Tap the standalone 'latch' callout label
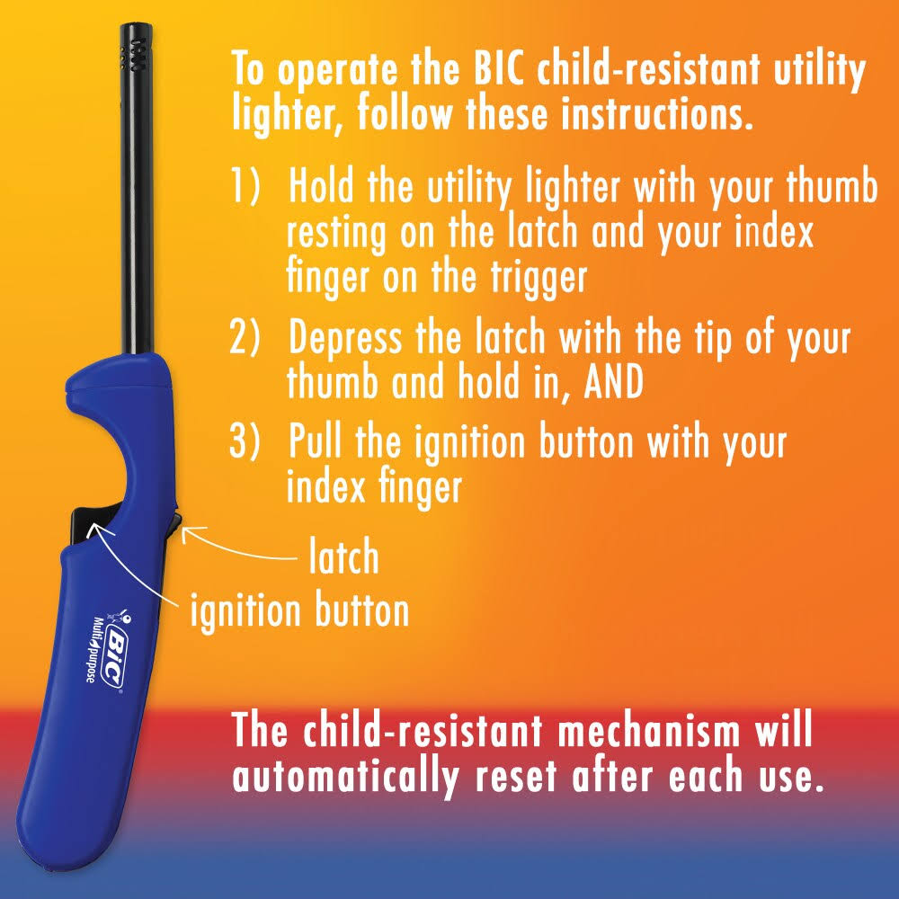pos(343,556)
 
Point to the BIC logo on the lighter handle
pos(113,658)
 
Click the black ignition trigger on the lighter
pos(86,526)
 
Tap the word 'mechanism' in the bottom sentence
pos(649,730)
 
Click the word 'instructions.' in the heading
pos(657,114)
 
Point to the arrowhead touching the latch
pos(186,534)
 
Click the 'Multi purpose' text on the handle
pos(93,649)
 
